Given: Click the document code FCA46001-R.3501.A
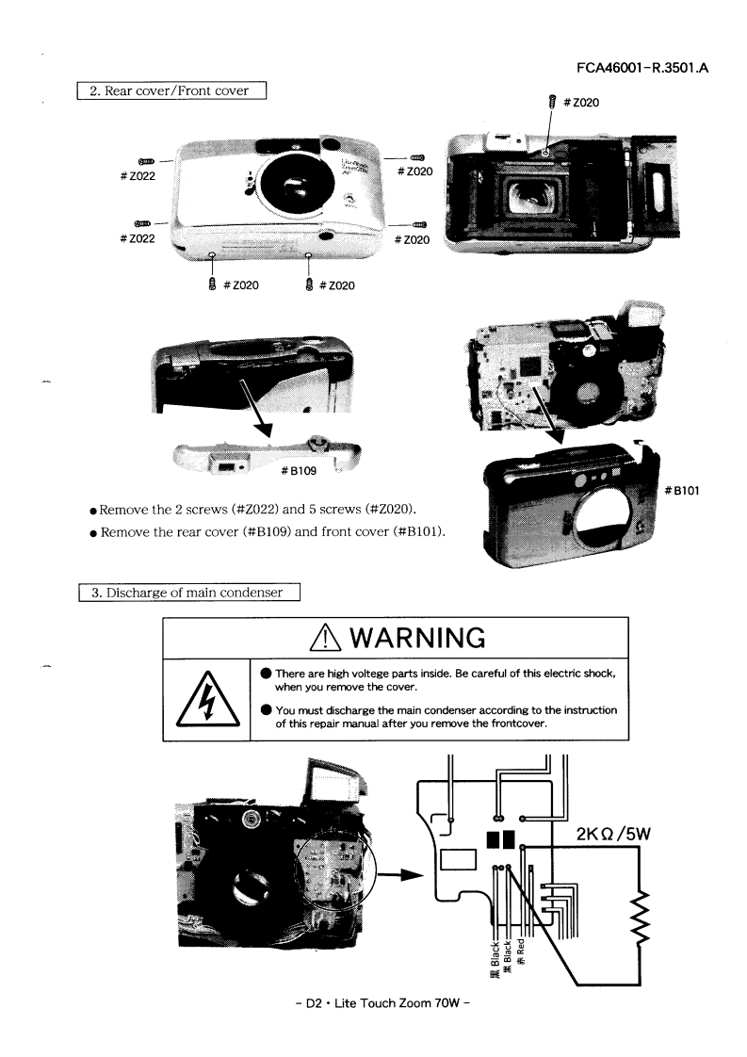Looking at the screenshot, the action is coord(642,68).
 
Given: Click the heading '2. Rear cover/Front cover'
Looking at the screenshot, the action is coord(171,90).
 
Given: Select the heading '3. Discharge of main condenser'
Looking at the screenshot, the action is coord(188,593).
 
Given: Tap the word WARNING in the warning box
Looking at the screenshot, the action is coord(417,638).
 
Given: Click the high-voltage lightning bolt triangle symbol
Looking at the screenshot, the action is coord(207,700).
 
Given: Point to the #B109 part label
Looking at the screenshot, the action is coord(299,470).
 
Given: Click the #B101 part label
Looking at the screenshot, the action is coord(682,491).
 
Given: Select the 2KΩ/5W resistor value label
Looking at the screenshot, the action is coord(613,834).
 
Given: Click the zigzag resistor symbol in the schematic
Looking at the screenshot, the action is coord(641,916).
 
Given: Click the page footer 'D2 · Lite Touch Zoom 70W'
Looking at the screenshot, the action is coord(383,1003).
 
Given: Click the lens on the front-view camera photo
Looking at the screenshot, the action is coord(294,184).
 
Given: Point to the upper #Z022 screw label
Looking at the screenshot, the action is coord(138,176).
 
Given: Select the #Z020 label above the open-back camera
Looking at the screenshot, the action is coord(581,103).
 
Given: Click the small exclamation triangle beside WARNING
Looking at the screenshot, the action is coord(326,637).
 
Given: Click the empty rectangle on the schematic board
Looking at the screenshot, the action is coord(459,859).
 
